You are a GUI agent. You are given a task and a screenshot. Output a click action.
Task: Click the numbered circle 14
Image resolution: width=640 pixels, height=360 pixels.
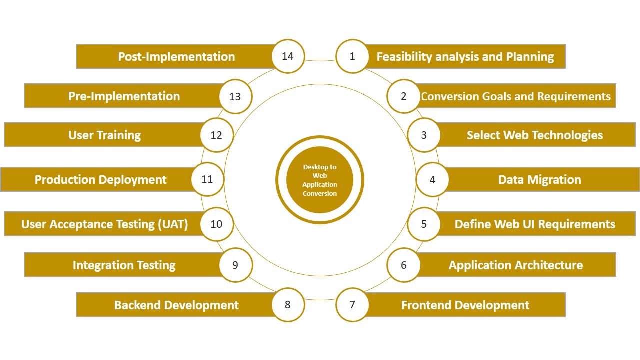[x=288, y=56]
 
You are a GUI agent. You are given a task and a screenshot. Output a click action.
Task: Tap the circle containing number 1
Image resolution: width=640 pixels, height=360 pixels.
[x=352, y=56]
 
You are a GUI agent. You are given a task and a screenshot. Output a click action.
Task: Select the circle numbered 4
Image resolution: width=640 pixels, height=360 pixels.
[x=432, y=179]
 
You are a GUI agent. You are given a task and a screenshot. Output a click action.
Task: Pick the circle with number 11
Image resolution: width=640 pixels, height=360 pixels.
[x=207, y=179]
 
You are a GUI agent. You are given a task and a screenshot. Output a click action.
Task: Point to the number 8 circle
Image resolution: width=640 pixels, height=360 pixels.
[x=288, y=305]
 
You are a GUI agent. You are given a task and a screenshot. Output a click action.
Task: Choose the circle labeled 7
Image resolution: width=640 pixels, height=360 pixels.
[x=352, y=305]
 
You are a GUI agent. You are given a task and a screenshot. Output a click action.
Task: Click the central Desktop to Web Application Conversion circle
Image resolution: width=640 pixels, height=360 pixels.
[x=320, y=180]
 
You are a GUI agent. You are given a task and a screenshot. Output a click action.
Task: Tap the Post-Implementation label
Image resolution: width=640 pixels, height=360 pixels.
[x=176, y=57]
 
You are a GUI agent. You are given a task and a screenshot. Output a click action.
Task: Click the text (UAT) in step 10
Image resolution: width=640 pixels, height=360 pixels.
[x=173, y=224]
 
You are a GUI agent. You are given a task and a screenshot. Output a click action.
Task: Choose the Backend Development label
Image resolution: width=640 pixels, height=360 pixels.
[x=176, y=305]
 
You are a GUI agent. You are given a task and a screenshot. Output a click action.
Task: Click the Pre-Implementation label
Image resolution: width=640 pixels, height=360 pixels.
[x=124, y=96]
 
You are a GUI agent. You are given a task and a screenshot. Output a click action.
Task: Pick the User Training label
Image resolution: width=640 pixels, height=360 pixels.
[x=105, y=135]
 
